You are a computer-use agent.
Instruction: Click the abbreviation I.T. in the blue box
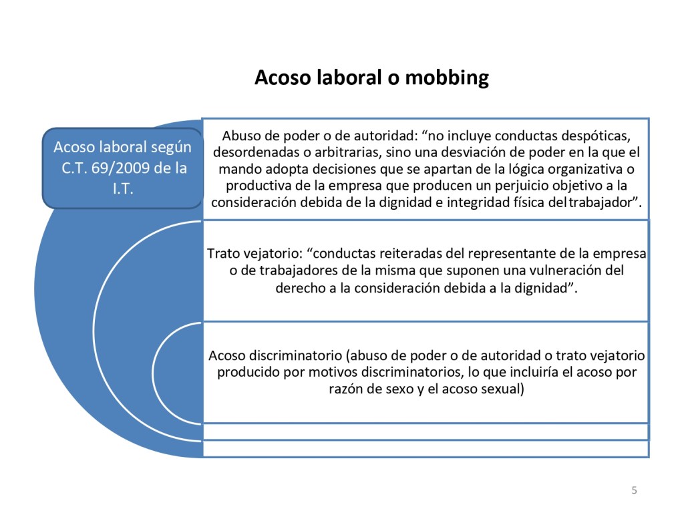122,190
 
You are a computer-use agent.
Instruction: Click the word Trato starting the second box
224,254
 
